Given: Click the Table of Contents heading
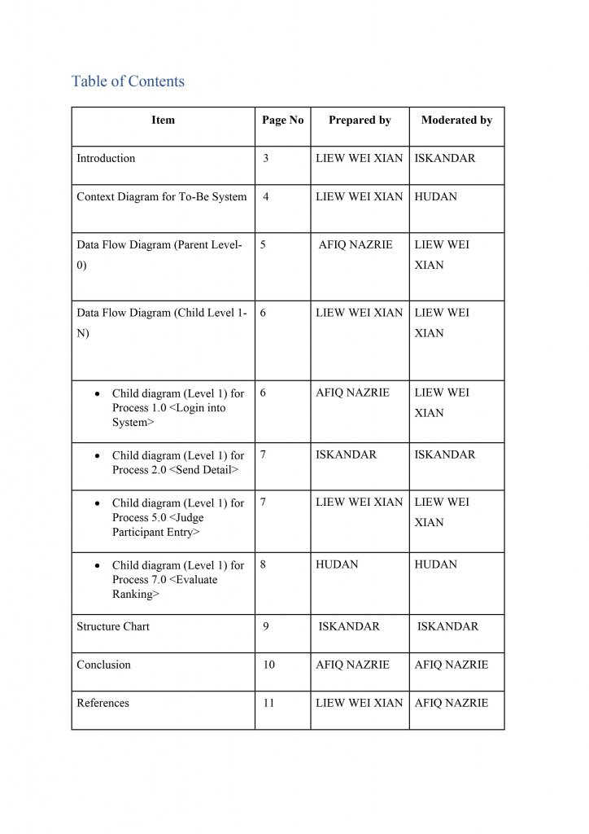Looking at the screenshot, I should click(128, 81).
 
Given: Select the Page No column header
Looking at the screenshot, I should click(282, 120).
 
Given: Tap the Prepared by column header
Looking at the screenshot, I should click(360, 120).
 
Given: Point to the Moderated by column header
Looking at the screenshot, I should click(456, 120).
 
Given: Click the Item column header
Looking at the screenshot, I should click(163, 120).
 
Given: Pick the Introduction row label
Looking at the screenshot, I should click(106, 158).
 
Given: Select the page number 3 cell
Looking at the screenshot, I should click(266, 158).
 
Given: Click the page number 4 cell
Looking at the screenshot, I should click(266, 196).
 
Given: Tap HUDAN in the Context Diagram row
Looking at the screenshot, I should click(435, 196).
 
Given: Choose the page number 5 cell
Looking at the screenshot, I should click(264, 244).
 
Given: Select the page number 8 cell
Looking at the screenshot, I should click(264, 564).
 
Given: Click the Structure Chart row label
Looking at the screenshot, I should click(113, 626).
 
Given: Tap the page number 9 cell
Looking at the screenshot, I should click(266, 626).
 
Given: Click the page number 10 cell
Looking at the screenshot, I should click(268, 665).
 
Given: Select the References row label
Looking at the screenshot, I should click(103, 703).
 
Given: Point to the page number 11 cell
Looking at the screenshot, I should click(268, 703).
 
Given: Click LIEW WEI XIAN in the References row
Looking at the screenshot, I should click(359, 703).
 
